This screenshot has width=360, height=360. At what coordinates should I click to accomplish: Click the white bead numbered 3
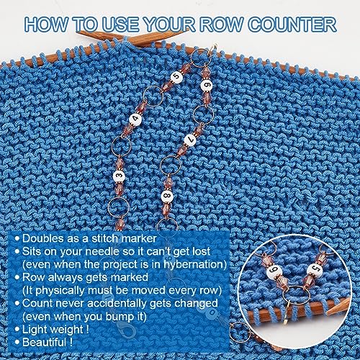(x=119, y=176)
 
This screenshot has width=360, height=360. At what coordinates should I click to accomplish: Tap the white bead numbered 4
(x=135, y=120)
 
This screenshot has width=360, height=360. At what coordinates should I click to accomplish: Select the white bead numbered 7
(x=190, y=140)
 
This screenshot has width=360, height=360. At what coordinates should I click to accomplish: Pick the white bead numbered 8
(x=167, y=197)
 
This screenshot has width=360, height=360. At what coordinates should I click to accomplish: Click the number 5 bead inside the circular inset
(x=315, y=270)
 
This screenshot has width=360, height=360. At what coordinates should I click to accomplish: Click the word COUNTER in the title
(x=292, y=24)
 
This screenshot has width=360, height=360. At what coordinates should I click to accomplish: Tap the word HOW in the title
(x=46, y=24)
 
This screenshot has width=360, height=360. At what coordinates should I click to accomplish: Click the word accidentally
(x=117, y=303)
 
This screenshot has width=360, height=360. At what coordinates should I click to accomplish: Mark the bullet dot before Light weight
(x=17, y=329)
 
